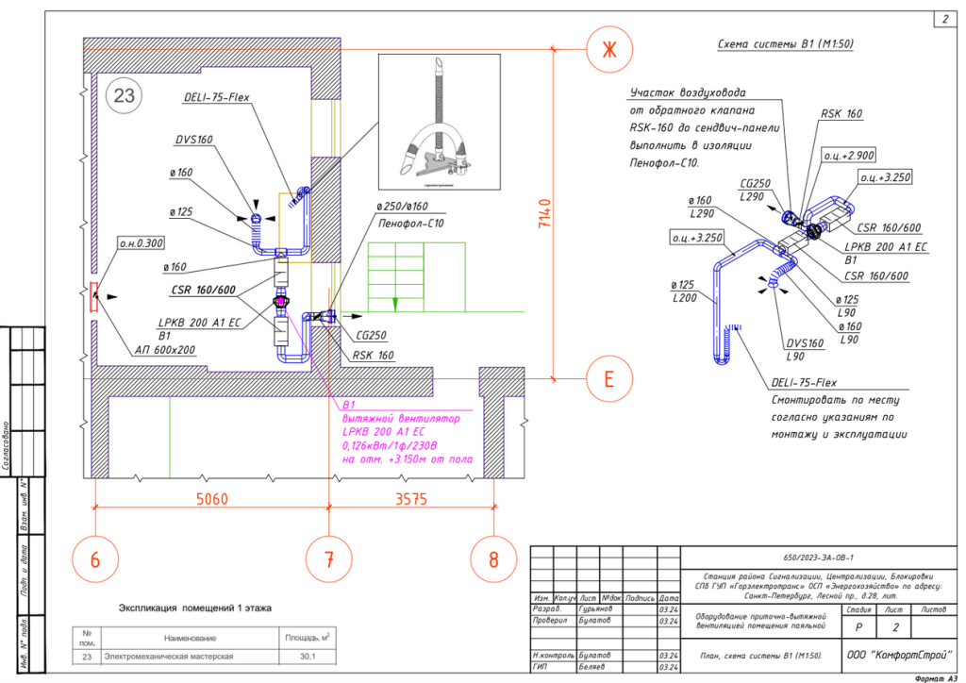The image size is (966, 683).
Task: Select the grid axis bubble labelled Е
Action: pos(608,379)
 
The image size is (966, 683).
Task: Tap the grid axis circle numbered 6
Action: pos(95,559)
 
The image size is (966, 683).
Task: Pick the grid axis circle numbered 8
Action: pos(493,559)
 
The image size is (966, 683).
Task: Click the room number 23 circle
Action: pos(125,95)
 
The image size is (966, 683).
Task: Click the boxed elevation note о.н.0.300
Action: pos(142,243)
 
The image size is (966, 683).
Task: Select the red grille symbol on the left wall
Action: pos(92,297)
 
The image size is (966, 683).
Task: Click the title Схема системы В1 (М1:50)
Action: pos(785,44)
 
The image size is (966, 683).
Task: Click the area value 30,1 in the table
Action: pos(305,657)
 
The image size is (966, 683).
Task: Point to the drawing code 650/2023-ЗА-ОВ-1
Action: pos(813,558)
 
